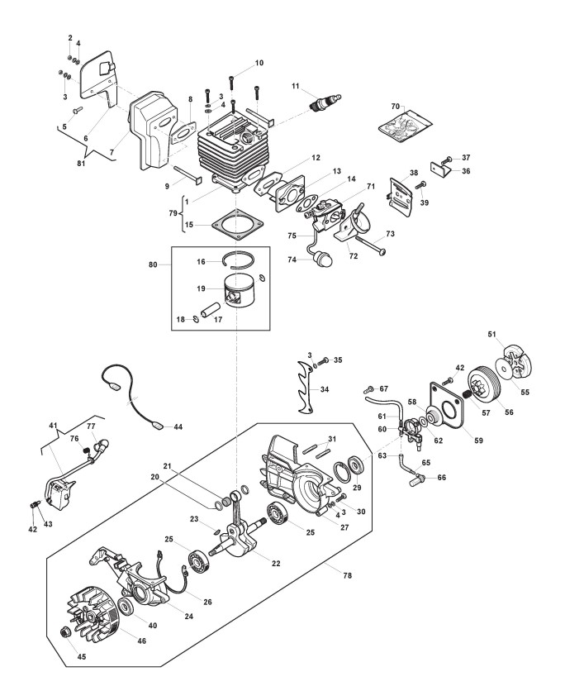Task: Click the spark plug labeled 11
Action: click(x=325, y=102)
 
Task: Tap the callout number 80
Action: click(x=153, y=264)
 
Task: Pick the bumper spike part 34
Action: click(x=306, y=386)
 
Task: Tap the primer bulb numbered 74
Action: click(x=321, y=259)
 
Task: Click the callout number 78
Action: click(x=347, y=575)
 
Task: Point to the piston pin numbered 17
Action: click(x=210, y=308)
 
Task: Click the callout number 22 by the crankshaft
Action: click(x=276, y=564)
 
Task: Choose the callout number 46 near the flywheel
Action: click(x=142, y=641)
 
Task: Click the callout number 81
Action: click(x=81, y=164)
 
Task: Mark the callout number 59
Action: click(x=479, y=441)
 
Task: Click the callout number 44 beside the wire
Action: click(x=178, y=426)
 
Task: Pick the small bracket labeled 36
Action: click(x=441, y=169)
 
